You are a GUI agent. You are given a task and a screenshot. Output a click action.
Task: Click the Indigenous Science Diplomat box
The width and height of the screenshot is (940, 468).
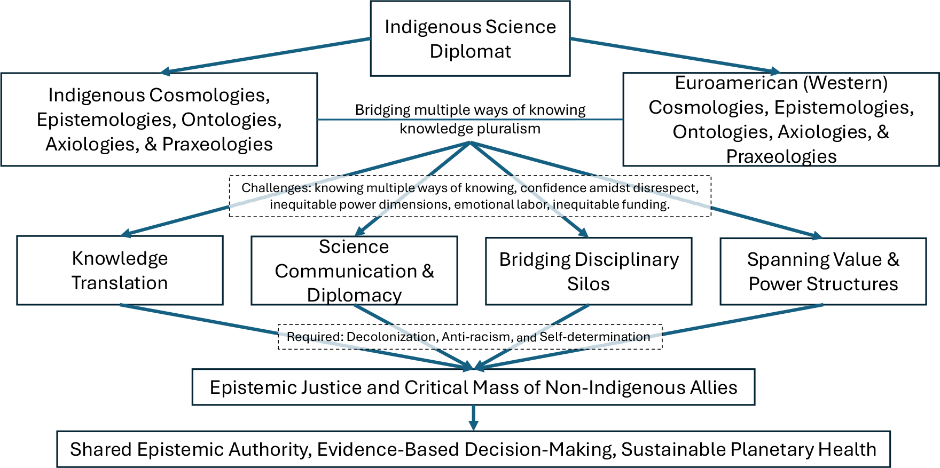tap(470, 38)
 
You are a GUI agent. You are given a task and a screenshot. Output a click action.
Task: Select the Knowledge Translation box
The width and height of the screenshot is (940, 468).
tap(120, 270)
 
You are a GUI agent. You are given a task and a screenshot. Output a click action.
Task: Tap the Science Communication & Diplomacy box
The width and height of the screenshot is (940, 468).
tap(354, 271)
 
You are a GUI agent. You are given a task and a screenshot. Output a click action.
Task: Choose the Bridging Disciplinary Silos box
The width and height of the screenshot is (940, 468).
tap(589, 271)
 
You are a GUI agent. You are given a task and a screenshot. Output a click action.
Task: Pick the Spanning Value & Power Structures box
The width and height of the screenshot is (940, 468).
tap(823, 271)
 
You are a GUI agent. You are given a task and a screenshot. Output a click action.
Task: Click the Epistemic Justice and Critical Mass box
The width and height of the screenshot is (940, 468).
tap(473, 387)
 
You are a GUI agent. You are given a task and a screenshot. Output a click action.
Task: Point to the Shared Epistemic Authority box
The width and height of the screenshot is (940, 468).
tap(473, 449)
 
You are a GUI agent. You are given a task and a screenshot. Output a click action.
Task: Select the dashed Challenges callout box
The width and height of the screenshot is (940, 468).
tap(470, 196)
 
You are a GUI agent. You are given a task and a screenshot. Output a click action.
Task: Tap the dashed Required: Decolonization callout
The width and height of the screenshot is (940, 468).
tap(470, 337)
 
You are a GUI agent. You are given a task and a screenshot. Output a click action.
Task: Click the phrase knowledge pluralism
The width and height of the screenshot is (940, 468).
tap(470, 129)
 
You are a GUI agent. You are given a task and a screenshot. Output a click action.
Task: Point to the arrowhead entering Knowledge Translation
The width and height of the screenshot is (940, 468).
tap(126, 233)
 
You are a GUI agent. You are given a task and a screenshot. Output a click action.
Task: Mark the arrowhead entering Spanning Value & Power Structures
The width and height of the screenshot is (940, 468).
tap(816, 235)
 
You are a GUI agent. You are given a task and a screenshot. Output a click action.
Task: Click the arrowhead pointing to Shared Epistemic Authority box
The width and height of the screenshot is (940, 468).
tap(473, 425)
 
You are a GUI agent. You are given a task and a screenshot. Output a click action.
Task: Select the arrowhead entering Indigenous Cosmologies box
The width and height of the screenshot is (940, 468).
tap(166, 72)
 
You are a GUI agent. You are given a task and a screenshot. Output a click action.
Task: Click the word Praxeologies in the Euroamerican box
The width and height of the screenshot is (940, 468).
tap(781, 156)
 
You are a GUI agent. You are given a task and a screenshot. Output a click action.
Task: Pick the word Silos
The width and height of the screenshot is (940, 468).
tap(588, 284)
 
